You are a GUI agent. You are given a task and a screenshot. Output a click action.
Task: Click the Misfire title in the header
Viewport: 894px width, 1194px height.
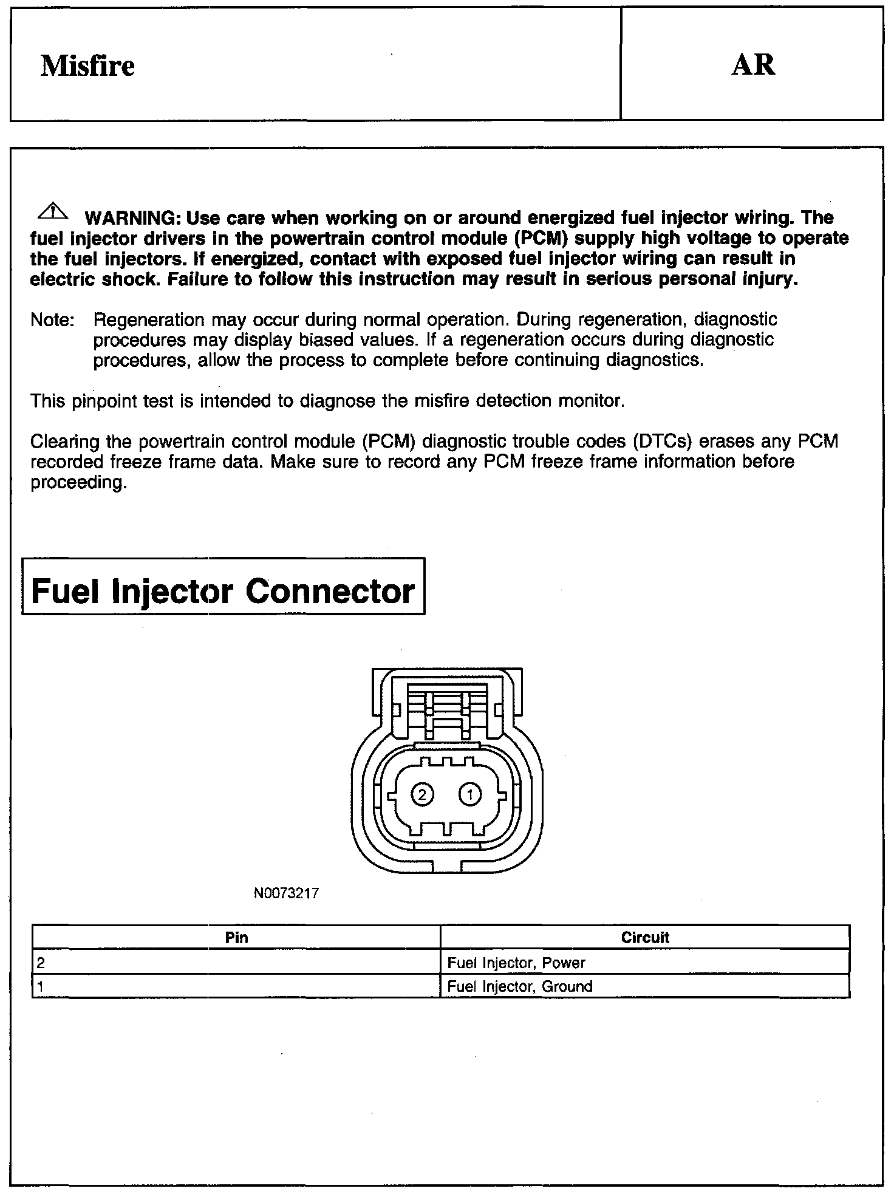tap(87, 66)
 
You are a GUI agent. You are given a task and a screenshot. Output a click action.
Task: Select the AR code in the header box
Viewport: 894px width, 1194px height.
tap(753, 64)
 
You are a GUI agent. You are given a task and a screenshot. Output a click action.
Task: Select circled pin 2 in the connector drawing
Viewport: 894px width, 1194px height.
tap(422, 794)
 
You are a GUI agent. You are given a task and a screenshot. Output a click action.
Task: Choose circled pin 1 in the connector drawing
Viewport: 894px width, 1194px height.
tap(470, 794)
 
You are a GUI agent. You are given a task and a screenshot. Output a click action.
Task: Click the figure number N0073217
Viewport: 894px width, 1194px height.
tap(286, 893)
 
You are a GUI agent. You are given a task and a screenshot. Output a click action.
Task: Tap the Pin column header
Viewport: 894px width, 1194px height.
tap(236, 938)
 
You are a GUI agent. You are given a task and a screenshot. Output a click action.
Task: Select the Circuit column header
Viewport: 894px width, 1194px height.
tap(645, 938)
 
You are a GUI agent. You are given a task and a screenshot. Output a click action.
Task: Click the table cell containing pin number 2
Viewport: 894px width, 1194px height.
tap(236, 963)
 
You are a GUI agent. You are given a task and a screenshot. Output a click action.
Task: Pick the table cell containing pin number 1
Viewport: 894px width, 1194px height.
tap(236, 986)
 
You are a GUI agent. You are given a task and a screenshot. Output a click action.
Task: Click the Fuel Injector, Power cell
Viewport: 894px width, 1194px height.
tap(645, 963)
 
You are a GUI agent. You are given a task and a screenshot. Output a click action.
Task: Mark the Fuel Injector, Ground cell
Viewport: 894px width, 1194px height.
tap(645, 986)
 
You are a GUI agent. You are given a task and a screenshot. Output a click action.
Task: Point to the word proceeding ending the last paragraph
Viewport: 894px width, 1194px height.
tap(78, 483)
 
